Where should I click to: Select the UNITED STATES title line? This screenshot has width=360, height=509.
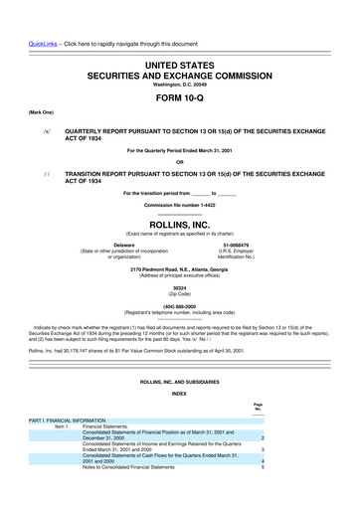(179, 37)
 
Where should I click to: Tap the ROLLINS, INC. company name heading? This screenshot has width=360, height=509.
(179, 226)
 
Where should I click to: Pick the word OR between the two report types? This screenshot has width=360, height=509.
(179, 162)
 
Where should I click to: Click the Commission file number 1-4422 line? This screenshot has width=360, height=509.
(179, 206)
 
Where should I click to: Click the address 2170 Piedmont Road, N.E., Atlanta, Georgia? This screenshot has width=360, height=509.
(179, 269)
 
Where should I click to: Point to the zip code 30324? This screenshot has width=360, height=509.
(179, 288)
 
